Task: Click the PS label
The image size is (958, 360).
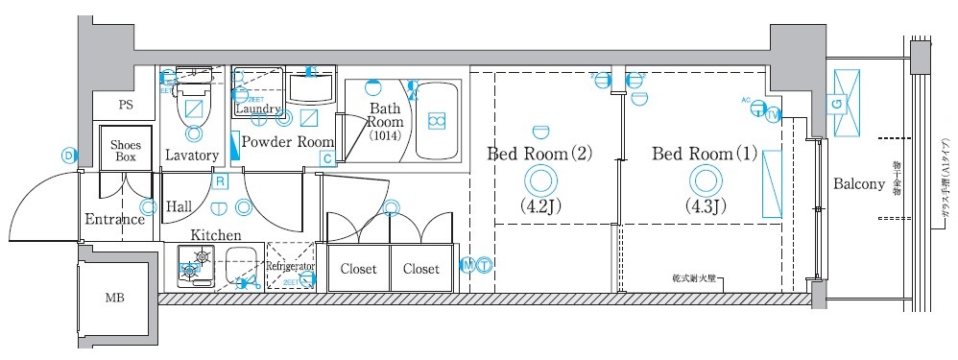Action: (x=125, y=105)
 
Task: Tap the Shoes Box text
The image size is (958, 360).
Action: (x=126, y=149)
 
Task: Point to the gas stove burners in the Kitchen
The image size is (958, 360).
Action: (x=199, y=264)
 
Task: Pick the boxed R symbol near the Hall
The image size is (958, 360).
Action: (x=220, y=180)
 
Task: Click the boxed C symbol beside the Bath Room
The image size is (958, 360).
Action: (x=327, y=157)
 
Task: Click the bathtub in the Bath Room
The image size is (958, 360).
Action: (x=437, y=121)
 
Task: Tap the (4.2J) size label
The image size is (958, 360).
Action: (x=539, y=205)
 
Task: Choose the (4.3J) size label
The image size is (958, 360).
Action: (x=705, y=205)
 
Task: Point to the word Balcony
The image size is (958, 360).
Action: (x=858, y=184)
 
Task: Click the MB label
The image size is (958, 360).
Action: (x=113, y=299)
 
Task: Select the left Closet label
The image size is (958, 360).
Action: (x=359, y=270)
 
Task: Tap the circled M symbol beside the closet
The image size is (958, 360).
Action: (x=467, y=265)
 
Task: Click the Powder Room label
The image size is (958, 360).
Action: (x=287, y=141)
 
